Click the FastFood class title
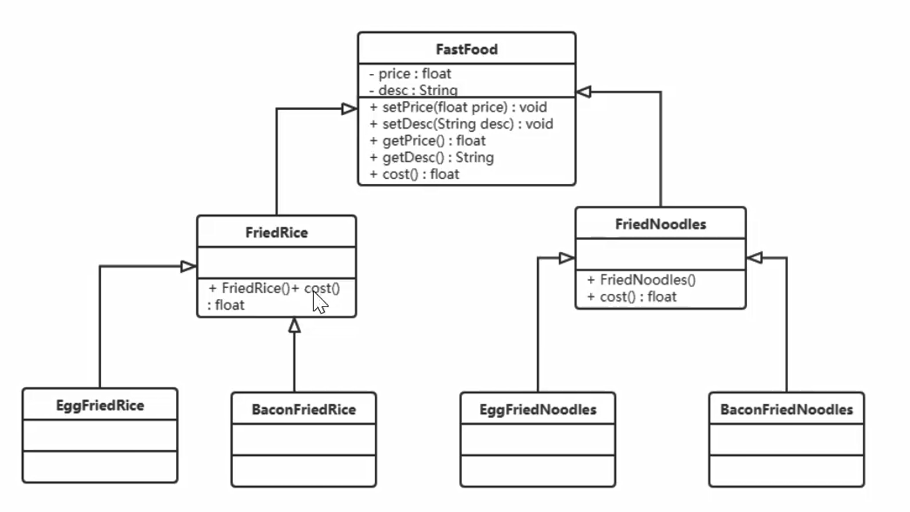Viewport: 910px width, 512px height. tap(466, 50)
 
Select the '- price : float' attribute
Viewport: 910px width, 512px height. tap(411, 74)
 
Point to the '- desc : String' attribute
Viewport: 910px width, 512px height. tap(414, 90)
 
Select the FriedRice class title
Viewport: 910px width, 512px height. tap(276, 233)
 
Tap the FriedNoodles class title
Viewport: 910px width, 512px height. tap(661, 224)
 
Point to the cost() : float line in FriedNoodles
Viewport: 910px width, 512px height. tap(632, 297)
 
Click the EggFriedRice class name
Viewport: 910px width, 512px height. tap(100, 406)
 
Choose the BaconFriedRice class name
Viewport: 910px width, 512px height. tap(303, 409)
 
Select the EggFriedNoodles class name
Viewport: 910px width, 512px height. tap(539, 409)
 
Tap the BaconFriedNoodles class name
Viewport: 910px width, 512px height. tap(786, 409)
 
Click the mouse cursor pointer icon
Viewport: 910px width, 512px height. tap(320, 303)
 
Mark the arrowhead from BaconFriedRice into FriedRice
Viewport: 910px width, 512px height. tap(295, 325)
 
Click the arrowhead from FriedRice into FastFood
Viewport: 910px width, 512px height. tap(349, 108)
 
